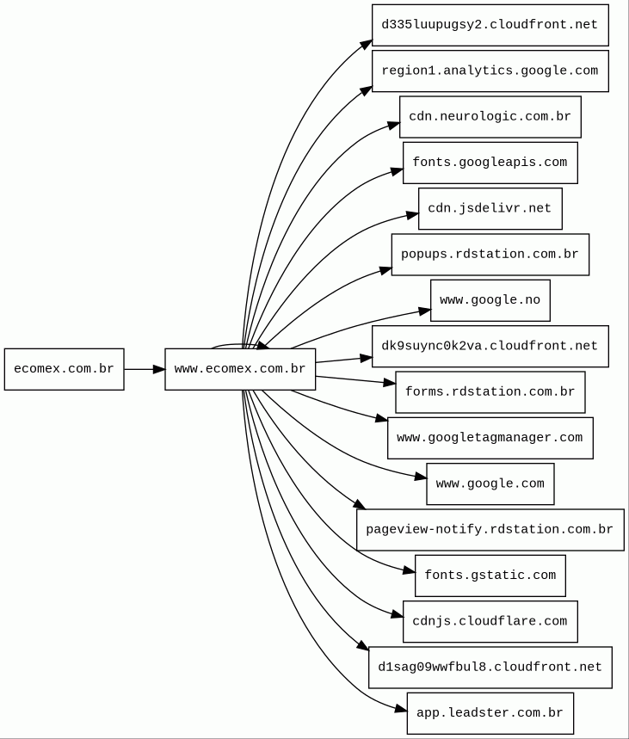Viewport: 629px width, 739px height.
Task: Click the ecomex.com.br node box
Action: (x=65, y=369)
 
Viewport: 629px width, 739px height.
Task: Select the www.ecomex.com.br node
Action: (x=240, y=369)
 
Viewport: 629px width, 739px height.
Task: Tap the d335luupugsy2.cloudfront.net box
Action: (x=490, y=25)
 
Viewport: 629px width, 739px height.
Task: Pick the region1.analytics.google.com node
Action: (x=490, y=71)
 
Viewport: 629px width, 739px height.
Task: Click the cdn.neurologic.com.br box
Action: (x=490, y=117)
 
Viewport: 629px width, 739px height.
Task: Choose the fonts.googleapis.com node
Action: (x=490, y=163)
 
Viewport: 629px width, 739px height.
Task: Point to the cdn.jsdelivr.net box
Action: (x=490, y=208)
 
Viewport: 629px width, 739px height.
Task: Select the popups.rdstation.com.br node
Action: (x=490, y=255)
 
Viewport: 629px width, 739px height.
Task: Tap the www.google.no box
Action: (x=490, y=300)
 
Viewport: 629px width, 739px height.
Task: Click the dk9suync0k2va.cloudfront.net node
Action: (x=490, y=346)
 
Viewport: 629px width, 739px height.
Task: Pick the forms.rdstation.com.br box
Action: (x=490, y=392)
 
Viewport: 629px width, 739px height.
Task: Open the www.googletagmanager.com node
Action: (x=490, y=438)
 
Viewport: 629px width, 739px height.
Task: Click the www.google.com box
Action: (x=490, y=483)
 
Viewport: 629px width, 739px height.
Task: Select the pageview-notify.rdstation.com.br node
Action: (x=490, y=530)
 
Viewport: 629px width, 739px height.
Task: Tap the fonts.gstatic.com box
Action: (x=490, y=576)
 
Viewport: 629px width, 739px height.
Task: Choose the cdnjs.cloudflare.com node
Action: (x=490, y=621)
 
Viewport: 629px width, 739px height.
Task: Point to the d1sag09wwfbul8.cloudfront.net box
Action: (x=490, y=668)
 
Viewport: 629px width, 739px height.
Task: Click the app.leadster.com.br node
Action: (x=490, y=713)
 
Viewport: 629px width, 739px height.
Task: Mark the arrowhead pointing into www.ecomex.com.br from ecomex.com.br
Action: (x=159, y=369)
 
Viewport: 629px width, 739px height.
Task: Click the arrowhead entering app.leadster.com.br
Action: (x=401, y=709)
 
